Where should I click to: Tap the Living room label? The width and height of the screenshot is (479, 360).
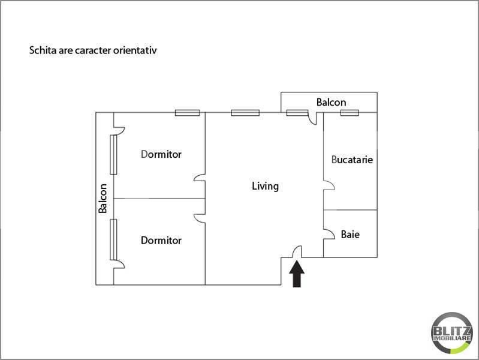click(265, 186)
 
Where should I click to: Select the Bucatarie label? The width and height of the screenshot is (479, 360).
click(353, 160)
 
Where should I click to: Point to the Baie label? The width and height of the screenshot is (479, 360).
click(350, 235)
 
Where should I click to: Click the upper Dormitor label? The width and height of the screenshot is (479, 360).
click(161, 154)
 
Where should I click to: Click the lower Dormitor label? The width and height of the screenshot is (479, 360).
click(161, 241)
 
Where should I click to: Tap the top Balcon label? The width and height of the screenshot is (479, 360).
click(331, 102)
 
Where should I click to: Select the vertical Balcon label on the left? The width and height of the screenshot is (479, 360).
click(103, 198)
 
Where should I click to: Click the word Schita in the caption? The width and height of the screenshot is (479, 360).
click(41, 51)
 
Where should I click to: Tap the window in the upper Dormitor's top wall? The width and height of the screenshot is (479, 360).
click(187, 112)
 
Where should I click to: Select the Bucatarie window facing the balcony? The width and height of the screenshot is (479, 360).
click(350, 112)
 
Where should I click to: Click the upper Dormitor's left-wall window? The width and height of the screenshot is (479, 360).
click(113, 154)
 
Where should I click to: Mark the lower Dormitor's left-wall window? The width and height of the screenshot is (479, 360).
click(113, 239)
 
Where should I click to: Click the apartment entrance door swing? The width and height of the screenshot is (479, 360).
click(296, 254)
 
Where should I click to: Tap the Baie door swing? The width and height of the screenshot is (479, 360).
click(329, 233)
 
